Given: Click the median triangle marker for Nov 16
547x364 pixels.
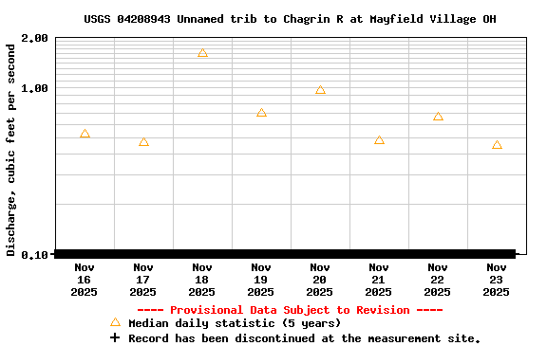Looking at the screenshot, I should pos(85,135).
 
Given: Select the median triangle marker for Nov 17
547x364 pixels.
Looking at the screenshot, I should pos(143,142).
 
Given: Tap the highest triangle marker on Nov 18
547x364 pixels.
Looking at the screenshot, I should pos(202,53).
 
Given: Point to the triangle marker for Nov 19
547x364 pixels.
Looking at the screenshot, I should pos(261,113).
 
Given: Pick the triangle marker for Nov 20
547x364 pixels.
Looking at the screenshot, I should pos(320,90).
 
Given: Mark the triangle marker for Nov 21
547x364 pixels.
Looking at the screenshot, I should pos(379,140).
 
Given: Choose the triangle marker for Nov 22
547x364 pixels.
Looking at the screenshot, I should pos(438,117).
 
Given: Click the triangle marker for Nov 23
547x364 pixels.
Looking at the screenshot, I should pos(497,145).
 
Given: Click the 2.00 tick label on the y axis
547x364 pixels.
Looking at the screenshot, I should pos(34,38).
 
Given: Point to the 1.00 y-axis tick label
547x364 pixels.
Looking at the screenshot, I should pos(34,88).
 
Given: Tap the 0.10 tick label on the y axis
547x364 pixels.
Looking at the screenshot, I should pos(34,254).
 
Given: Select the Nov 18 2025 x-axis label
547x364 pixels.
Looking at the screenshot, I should pos(202,280).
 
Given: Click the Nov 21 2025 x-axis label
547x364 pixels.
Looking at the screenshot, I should pos(379,280).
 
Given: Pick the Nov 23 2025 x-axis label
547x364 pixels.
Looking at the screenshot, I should pos(497,280).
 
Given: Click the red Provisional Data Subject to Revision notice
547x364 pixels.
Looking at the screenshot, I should pos(290,310).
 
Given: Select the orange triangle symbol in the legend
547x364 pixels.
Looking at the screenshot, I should pos(115,323).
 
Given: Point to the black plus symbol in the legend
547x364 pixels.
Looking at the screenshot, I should pos(115,337).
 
